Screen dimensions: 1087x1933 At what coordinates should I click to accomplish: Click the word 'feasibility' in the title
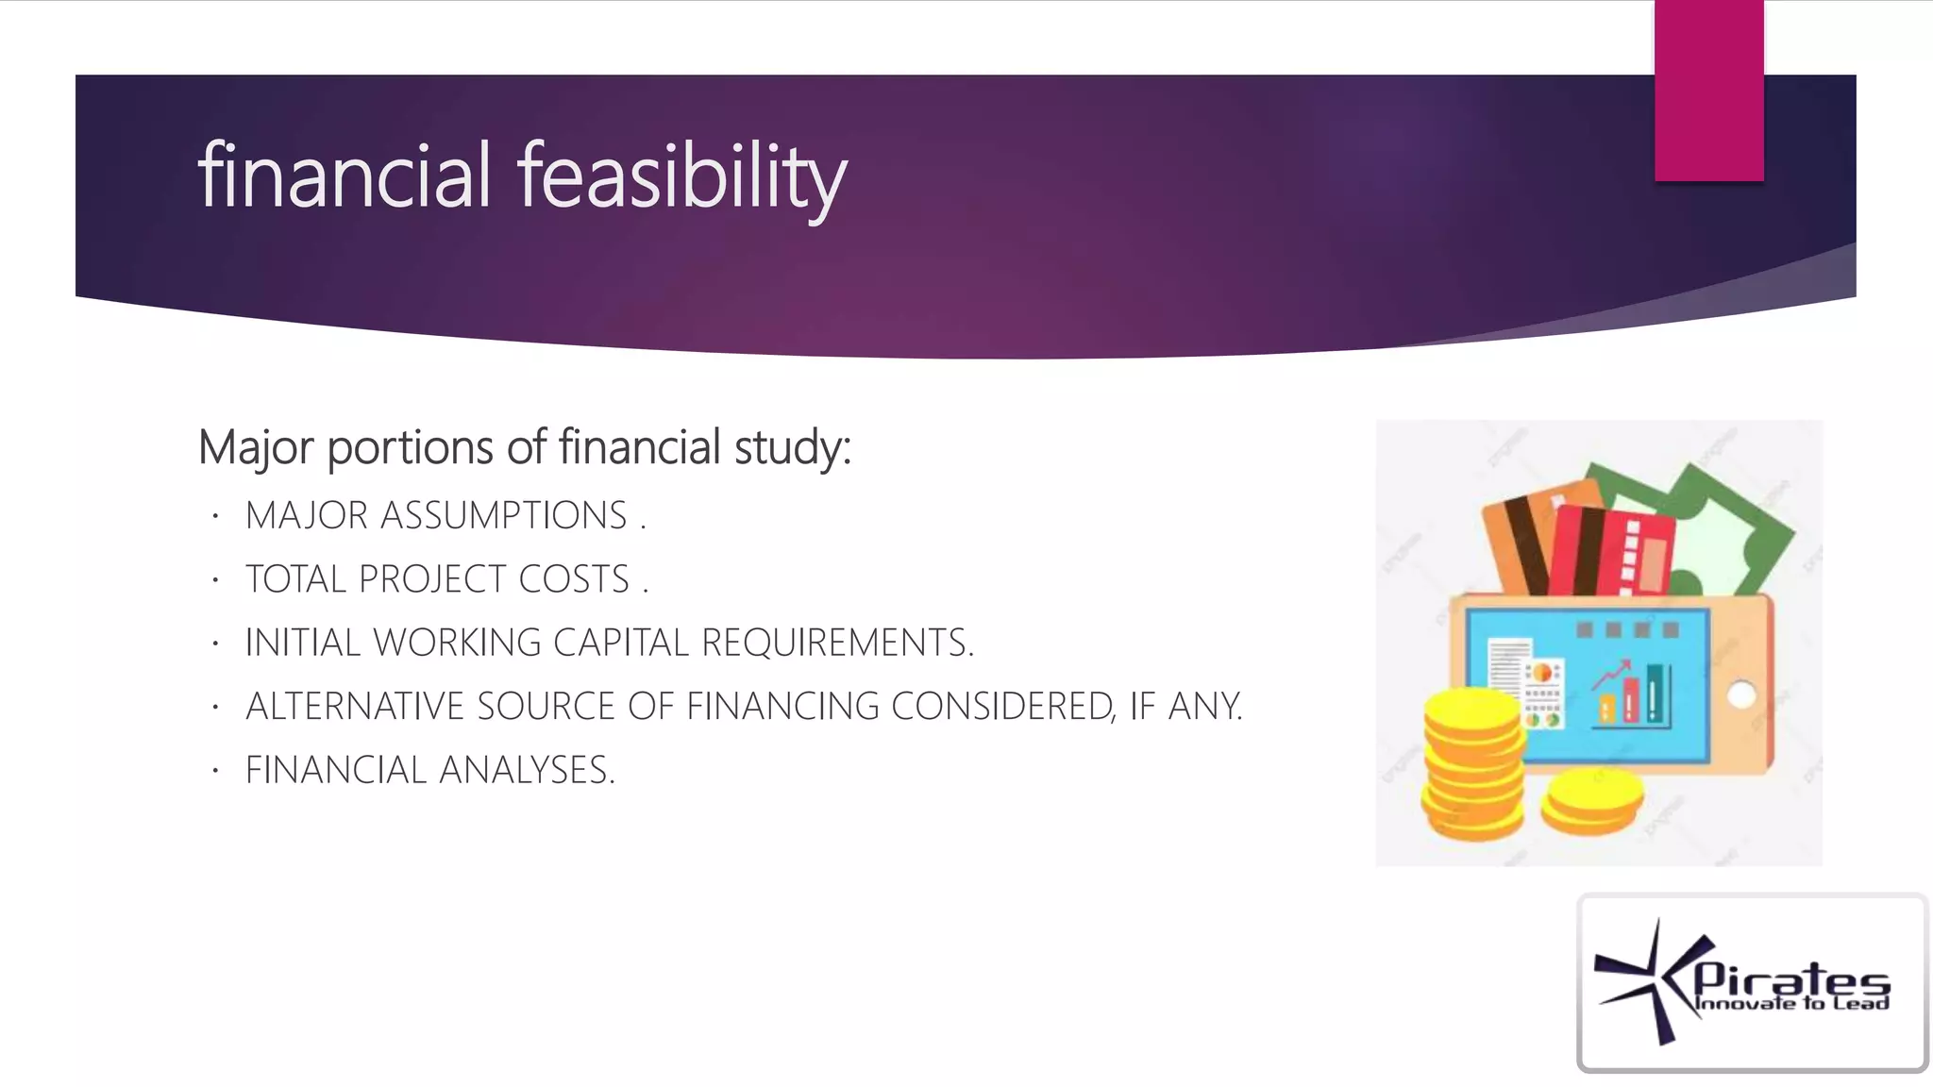pos(681,176)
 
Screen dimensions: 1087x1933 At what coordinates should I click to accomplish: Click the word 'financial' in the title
pos(345,176)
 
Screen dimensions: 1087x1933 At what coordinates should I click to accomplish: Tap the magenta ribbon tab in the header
pos(1708,91)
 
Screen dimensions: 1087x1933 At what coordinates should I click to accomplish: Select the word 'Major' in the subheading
pos(255,447)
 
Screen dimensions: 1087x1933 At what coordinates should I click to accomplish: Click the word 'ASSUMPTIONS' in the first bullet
pos(503,516)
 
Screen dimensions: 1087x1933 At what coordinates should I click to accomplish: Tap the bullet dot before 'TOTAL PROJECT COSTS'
pos(215,579)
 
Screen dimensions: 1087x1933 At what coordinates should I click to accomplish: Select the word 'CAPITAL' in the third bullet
pos(621,643)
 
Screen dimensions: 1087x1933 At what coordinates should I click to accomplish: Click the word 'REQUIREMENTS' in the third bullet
pos(836,643)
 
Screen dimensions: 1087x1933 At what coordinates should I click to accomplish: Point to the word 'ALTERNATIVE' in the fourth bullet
pos(355,707)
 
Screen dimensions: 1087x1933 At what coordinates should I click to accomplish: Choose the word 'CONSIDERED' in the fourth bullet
pos(1002,707)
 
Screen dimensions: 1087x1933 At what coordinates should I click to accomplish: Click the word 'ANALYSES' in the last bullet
pos(527,770)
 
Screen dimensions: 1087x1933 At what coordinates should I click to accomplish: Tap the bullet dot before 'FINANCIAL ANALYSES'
pos(215,771)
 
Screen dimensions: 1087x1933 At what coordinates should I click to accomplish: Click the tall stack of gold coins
pos(1472,764)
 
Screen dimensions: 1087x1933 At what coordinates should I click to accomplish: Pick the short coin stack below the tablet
pos(1592,800)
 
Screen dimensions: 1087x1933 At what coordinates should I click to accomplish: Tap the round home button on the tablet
pos(1741,695)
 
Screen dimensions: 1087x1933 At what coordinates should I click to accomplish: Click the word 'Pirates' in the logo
pos(1791,981)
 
